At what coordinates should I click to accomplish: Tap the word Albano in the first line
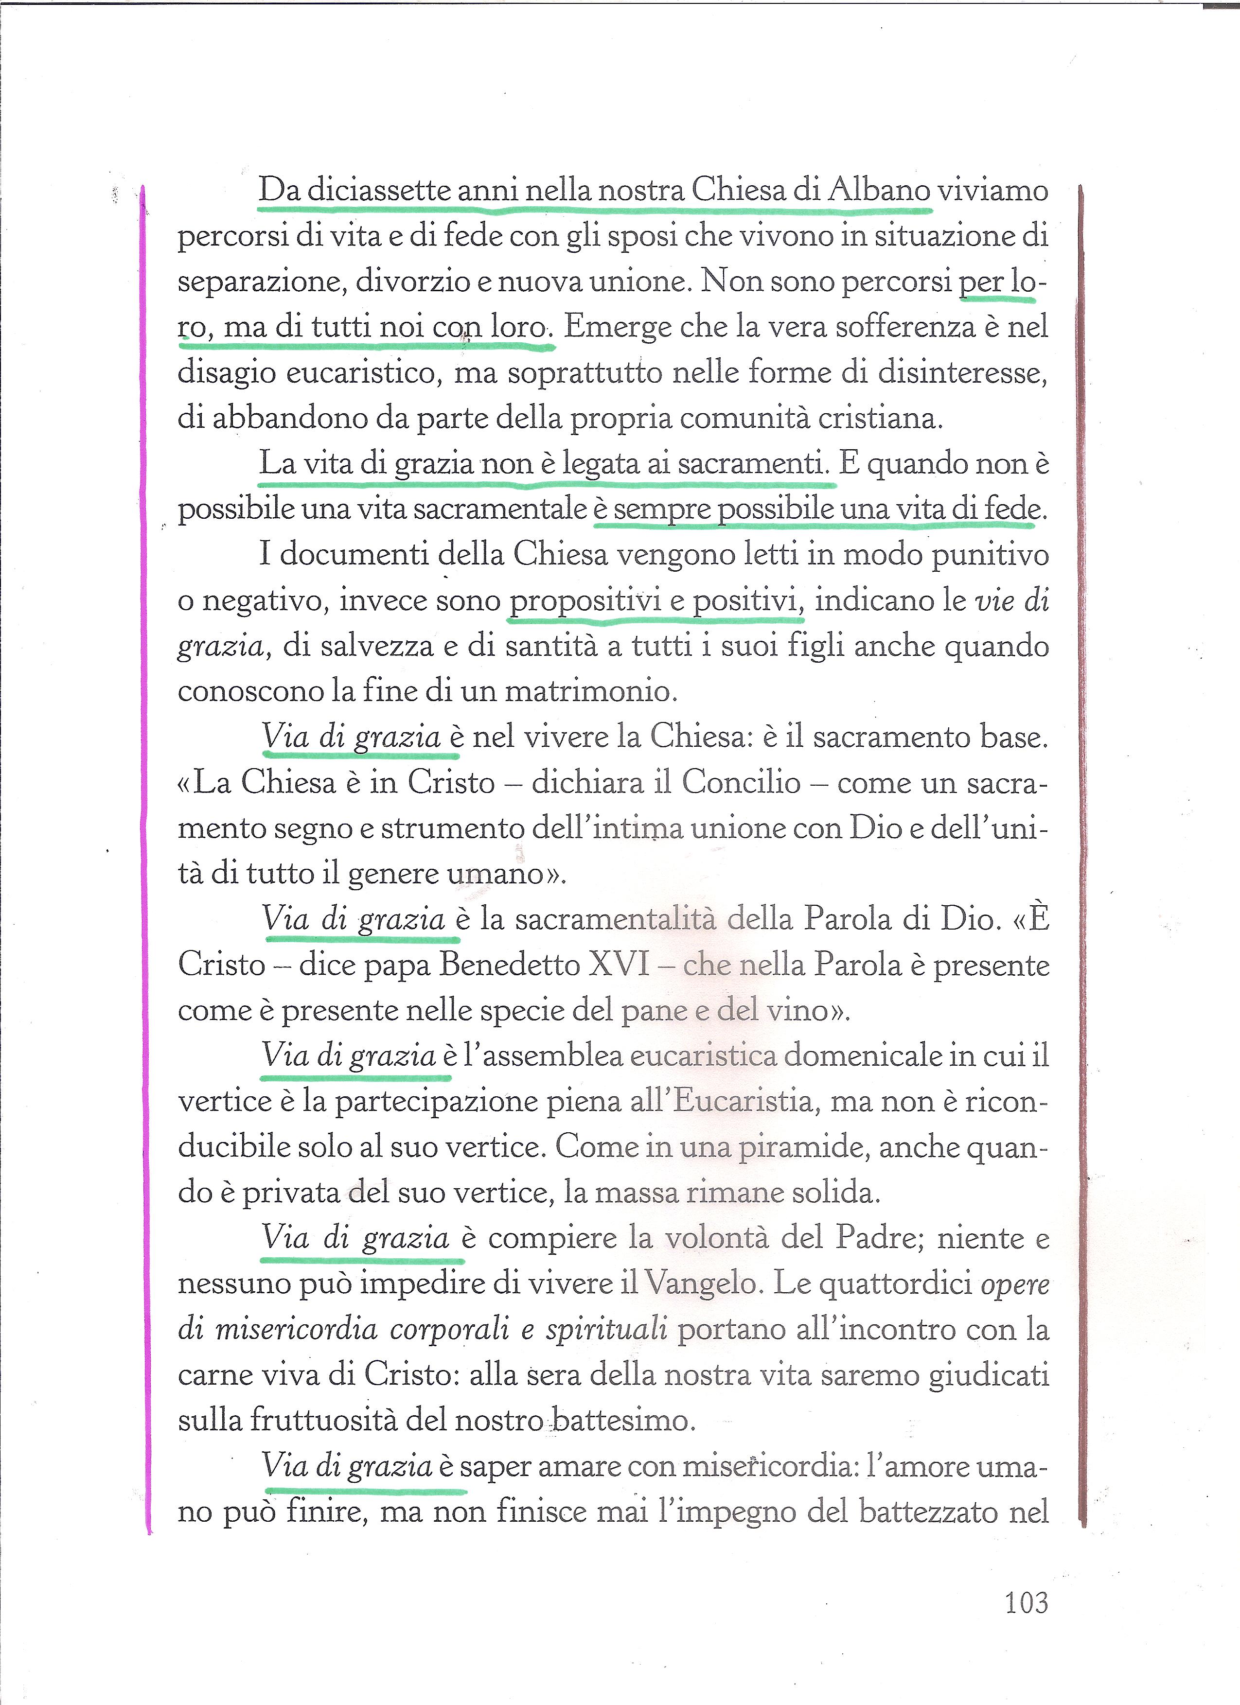[x=880, y=190]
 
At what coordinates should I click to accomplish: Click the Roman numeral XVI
[x=619, y=965]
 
